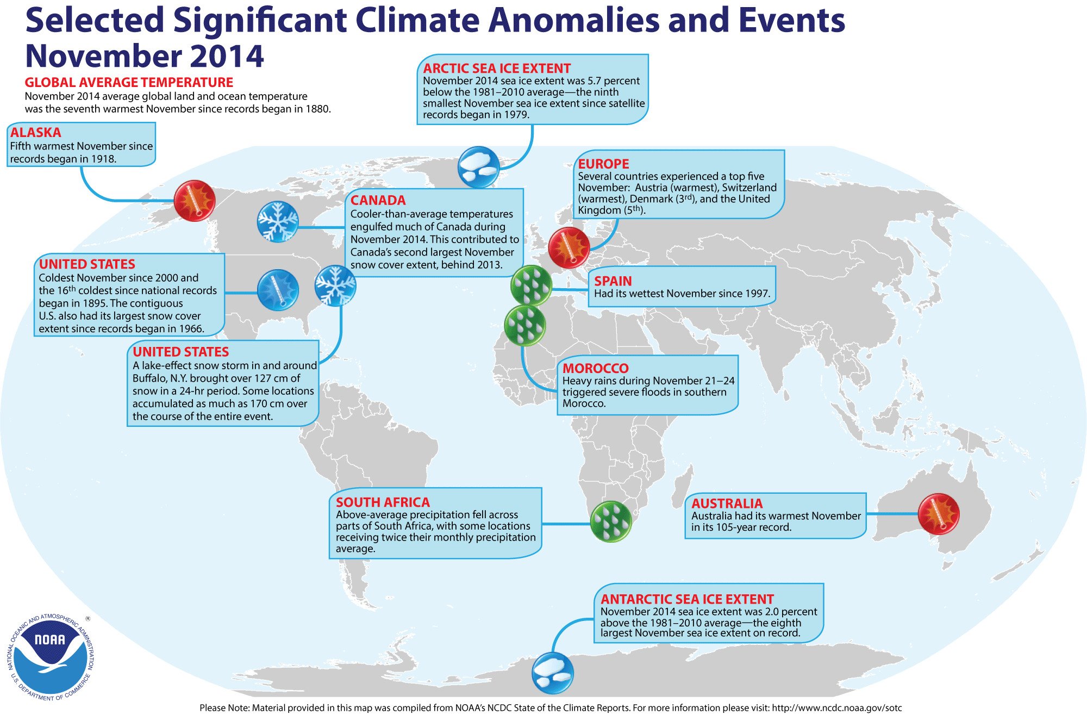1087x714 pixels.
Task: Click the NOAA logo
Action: [51, 657]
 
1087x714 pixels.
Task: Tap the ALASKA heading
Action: [36, 132]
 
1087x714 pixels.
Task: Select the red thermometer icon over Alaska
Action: [195, 201]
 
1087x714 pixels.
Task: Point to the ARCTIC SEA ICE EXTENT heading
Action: [497, 69]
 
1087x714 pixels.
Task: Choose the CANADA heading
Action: [378, 200]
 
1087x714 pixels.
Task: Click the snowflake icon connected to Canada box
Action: [278, 221]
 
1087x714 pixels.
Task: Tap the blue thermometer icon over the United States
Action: [278, 290]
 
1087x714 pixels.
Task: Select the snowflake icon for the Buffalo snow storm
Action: [335, 285]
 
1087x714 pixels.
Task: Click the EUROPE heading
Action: [603, 164]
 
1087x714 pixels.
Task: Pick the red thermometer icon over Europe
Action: [569, 247]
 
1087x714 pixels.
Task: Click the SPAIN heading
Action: [613, 281]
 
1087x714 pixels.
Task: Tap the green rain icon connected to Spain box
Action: [532, 285]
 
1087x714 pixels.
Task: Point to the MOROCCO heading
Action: [596, 368]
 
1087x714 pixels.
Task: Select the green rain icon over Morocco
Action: [525, 326]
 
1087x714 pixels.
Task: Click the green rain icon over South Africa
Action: [611, 521]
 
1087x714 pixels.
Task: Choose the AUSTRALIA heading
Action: [727, 504]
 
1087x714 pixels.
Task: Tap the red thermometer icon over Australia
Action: [939, 514]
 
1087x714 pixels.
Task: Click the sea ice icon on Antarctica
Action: [553, 673]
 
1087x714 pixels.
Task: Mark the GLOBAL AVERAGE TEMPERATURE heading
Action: [129, 83]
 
